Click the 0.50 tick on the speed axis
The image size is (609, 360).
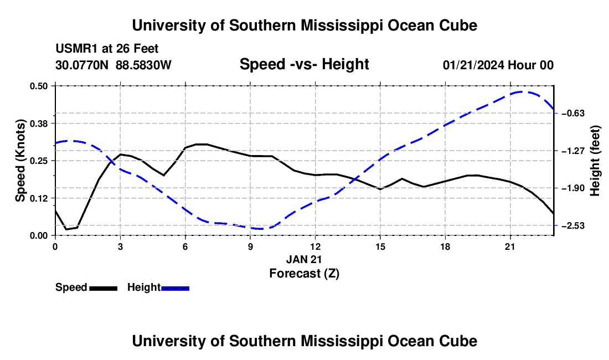point(38,86)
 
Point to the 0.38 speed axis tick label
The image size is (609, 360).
point(38,124)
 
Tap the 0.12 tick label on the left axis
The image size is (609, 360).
point(38,198)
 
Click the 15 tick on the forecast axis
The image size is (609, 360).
point(380,246)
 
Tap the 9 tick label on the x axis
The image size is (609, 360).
point(250,246)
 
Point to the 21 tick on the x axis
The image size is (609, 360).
point(510,246)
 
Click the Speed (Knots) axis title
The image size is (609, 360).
point(20,161)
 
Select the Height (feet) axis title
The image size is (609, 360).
point(595,161)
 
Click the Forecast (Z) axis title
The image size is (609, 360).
point(304,274)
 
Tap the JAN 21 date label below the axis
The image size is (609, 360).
point(304,259)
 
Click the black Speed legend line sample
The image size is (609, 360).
point(103,289)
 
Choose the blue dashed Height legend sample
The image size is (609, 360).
point(175,289)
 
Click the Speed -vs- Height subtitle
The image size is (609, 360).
point(304,64)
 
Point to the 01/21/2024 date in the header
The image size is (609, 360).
point(473,65)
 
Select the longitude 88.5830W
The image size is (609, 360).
point(143,65)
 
